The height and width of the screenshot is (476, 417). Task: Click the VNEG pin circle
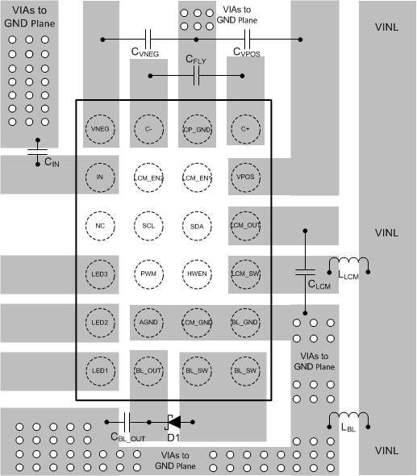point(100,128)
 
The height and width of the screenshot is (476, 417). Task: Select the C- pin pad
point(148,128)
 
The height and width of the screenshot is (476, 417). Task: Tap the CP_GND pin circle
point(197,128)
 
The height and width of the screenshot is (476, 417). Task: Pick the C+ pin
point(245,128)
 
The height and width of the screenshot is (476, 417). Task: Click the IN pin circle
point(100,177)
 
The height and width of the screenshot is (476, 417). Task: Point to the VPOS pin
point(245,177)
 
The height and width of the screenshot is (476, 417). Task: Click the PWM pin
point(148,273)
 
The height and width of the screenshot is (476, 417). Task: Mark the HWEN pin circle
point(197,273)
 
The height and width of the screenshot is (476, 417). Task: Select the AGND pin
point(148,322)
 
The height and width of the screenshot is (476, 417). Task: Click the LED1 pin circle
point(100,370)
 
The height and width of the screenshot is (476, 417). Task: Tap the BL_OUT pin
point(148,370)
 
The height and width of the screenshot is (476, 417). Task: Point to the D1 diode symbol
point(173,420)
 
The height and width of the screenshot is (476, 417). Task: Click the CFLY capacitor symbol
point(197,77)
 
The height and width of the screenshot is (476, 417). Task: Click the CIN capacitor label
point(52,163)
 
